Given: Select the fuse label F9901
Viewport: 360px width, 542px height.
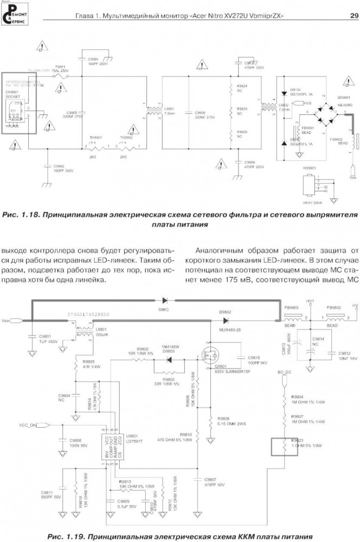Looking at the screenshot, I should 61,67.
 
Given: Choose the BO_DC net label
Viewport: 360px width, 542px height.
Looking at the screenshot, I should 285,373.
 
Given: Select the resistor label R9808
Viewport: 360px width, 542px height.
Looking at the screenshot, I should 223,418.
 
